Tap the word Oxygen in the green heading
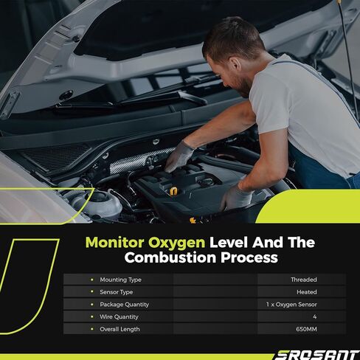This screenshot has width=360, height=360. point(176,243)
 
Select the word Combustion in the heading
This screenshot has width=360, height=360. point(170,257)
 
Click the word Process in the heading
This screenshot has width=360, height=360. point(249,257)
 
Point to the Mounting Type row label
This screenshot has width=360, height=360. point(120,280)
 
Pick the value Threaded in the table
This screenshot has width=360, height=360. point(304,280)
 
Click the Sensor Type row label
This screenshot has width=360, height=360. point(117,292)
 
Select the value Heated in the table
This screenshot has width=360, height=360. point(307,292)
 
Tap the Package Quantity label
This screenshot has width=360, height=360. point(125,305)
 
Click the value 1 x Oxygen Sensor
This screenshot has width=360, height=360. point(291,305)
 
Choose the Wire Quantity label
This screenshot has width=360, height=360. point(119,316)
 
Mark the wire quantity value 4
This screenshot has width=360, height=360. point(315,316)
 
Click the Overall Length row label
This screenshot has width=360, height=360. point(120,329)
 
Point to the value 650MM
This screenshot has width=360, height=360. point(306,329)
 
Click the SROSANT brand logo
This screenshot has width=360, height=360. point(316,355)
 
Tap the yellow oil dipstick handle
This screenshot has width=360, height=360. point(173,191)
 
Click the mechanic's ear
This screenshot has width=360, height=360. point(235,64)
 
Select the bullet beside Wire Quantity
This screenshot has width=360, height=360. point(92,316)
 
